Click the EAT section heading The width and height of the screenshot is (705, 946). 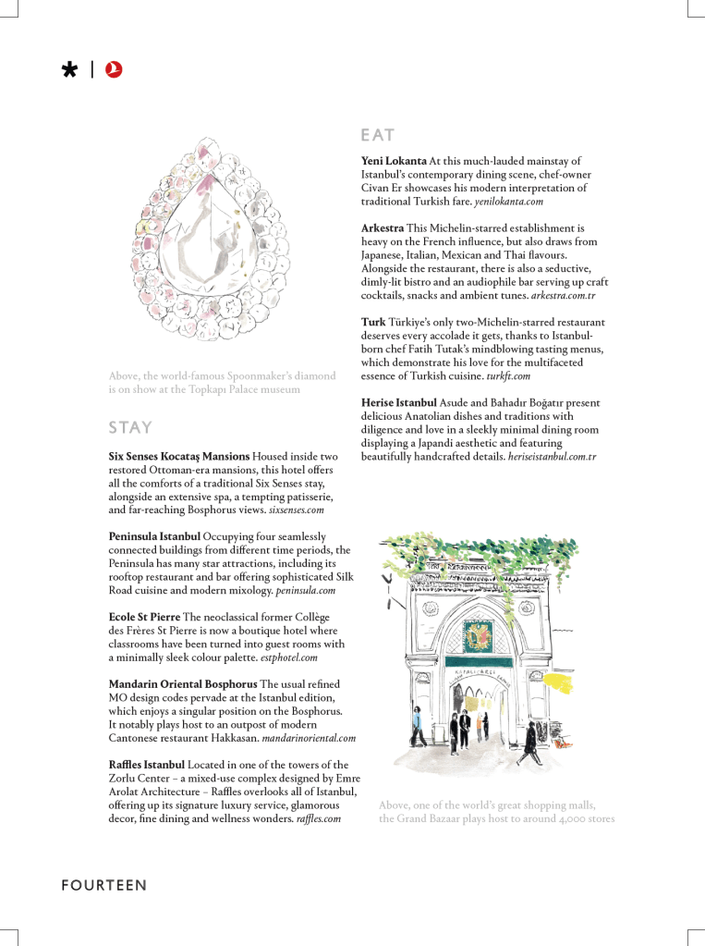click(x=378, y=136)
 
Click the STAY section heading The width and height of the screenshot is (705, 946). click(x=130, y=428)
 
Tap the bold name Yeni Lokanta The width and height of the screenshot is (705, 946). click(x=394, y=161)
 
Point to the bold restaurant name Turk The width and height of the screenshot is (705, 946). click(x=373, y=322)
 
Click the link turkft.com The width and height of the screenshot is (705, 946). click(x=508, y=375)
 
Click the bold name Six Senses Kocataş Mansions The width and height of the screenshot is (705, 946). click(x=179, y=457)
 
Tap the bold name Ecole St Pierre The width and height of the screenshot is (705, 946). click(x=144, y=617)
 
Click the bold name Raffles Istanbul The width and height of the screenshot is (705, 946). click(x=147, y=765)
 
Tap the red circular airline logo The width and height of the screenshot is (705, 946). click(x=115, y=69)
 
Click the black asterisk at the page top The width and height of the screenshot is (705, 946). click(x=68, y=70)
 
